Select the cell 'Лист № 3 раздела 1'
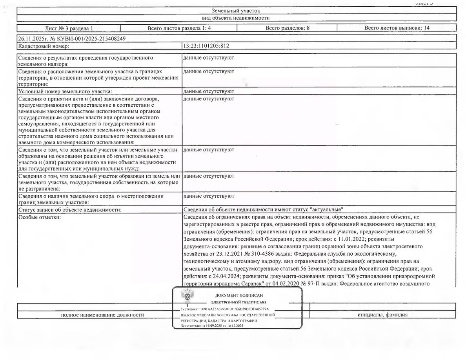(69, 28)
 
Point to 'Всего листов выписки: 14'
(397, 28)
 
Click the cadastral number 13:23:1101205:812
(206, 46)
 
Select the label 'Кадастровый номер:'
(44, 46)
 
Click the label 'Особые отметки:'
(39, 218)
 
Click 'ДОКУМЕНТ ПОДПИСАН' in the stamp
(239, 295)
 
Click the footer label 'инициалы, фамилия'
(382, 315)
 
